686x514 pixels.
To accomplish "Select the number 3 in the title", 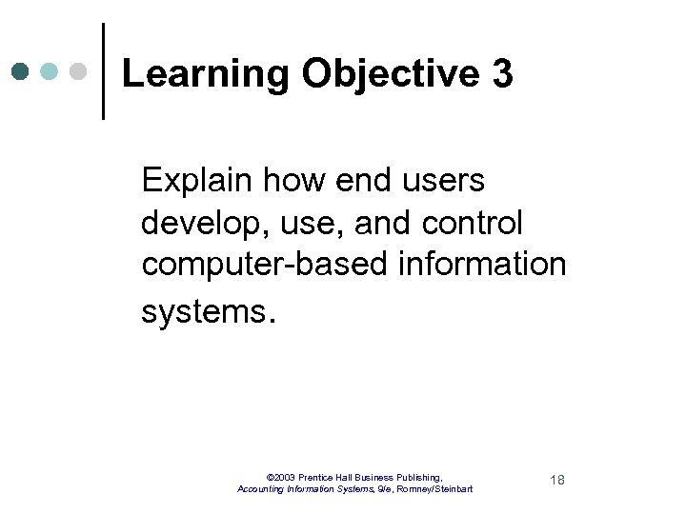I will tap(503, 74).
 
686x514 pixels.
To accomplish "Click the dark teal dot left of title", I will tap(20, 71).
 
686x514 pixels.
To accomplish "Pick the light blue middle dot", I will tap(50, 71).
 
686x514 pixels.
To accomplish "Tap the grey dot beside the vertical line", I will tap(79, 71).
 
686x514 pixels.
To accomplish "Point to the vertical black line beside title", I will tap(103, 71).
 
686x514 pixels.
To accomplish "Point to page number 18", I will tap(557, 480).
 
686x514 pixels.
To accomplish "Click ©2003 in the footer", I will tap(281, 476).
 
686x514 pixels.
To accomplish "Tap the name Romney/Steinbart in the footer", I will tap(437, 489).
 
